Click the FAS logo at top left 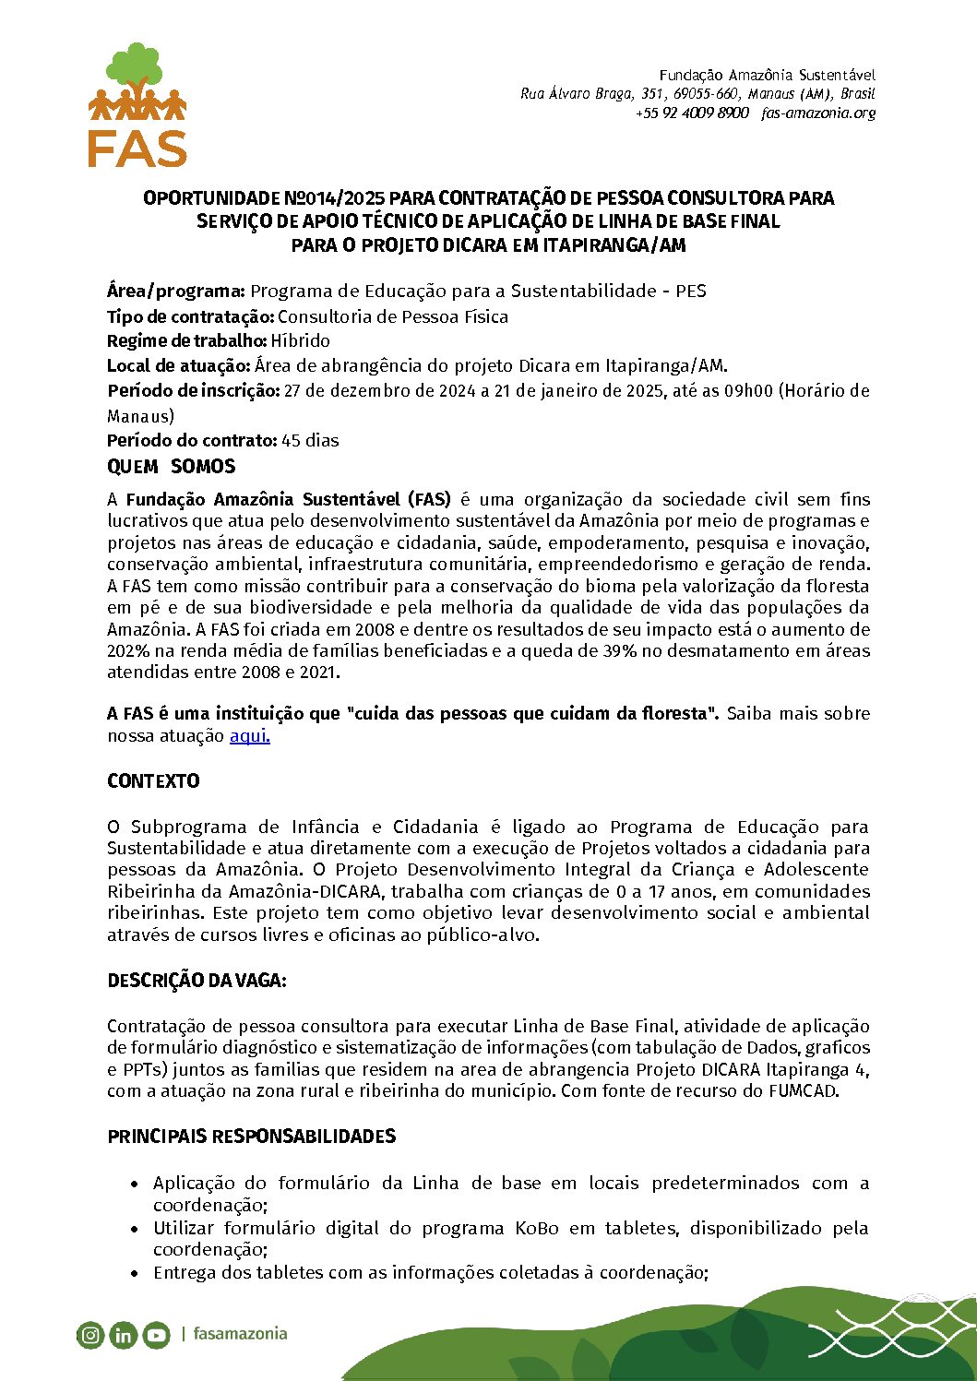point(137,105)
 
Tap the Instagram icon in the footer point(90,1335)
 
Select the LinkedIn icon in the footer point(123,1335)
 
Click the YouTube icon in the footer point(156,1335)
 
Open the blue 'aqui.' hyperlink point(249,736)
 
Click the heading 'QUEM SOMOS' point(171,467)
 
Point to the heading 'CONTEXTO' point(153,781)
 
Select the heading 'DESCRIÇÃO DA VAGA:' point(197,981)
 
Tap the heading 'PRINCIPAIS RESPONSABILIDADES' point(251,1137)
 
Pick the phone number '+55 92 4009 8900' point(692,113)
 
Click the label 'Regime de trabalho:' point(187,341)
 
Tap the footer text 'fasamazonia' point(240,1334)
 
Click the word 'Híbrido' point(300,341)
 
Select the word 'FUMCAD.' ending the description point(804,1091)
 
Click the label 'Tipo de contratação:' point(191,317)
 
